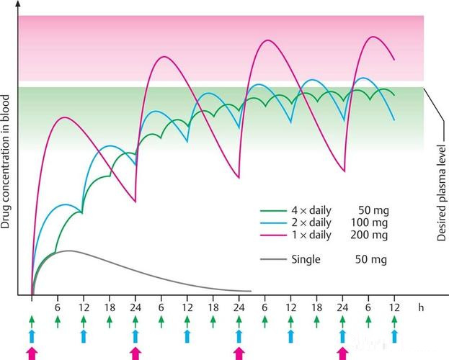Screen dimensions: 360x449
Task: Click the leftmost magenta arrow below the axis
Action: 32,352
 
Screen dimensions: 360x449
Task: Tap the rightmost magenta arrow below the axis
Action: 342,352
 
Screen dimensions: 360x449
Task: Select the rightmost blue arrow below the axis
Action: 394,336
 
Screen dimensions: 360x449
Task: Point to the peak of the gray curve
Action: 68,251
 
